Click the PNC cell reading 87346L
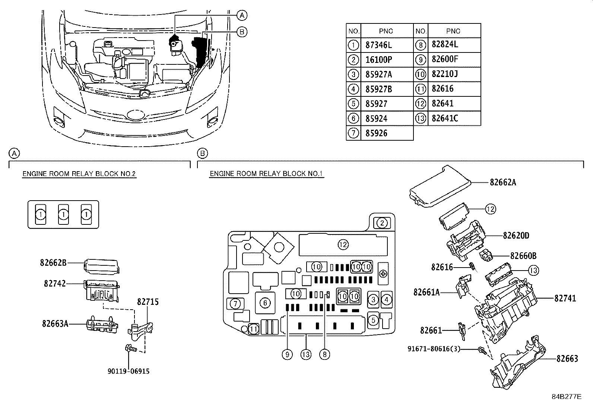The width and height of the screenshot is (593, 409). [x=379, y=45]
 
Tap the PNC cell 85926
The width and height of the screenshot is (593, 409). [x=376, y=133]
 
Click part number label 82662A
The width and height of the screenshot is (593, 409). [x=503, y=182]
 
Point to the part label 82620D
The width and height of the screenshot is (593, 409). [x=516, y=236]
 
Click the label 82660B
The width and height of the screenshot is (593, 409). [x=523, y=256]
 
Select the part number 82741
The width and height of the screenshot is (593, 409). [x=565, y=298]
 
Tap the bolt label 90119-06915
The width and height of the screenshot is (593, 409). [x=129, y=371]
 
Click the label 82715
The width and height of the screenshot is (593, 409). [x=148, y=302]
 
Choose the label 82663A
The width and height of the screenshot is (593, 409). [x=55, y=323]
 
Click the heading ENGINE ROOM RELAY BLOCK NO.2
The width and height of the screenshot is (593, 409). [x=79, y=174]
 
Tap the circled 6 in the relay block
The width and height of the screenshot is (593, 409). [x=265, y=303]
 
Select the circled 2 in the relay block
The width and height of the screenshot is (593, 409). [x=382, y=223]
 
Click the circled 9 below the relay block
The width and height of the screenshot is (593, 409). [x=287, y=355]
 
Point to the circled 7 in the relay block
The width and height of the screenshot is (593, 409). [x=235, y=304]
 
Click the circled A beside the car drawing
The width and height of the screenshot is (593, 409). [x=242, y=15]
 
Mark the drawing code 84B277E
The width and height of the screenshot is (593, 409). [x=566, y=397]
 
